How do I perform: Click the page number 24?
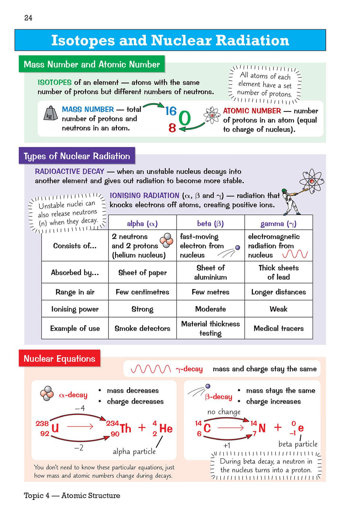(28, 18)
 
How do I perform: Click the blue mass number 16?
(171, 111)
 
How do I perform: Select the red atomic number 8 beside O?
(172, 128)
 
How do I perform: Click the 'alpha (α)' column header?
(142, 224)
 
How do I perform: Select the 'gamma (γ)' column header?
(278, 224)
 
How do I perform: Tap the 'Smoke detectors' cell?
(142, 328)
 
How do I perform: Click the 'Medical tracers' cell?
(278, 328)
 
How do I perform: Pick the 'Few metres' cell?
(210, 292)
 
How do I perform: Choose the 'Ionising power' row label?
(75, 309)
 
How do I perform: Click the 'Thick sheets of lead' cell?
(278, 272)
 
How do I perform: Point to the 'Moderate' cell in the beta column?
(210, 309)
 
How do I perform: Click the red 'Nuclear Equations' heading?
(59, 359)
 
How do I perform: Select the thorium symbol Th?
(126, 428)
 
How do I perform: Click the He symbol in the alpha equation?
(166, 428)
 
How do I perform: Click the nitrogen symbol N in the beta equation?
(262, 428)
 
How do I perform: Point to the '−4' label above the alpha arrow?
(80, 408)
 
